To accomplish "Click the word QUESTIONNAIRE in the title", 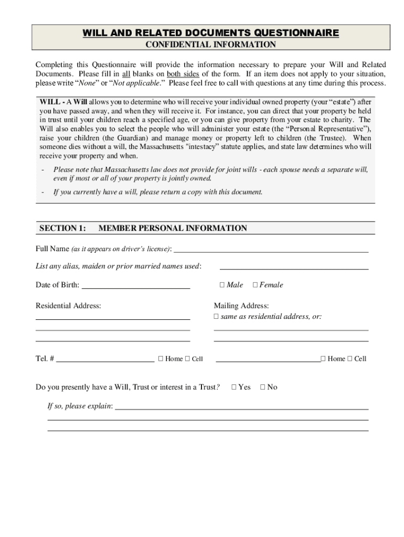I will coord(296,34).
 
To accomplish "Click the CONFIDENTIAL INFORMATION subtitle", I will coord(210,45).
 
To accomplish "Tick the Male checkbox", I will coord(222,285).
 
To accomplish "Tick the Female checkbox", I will coord(255,285).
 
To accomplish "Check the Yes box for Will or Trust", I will coord(234,387).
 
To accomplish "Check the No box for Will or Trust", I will coord(263,387).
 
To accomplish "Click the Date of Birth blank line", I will coord(136,287).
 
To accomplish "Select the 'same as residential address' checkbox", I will coord(216,317).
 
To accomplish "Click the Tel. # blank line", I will coord(105,361).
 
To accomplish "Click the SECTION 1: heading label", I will coord(62,228).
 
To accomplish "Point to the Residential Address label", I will coord(68,306).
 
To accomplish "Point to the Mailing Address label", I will coord(241,306).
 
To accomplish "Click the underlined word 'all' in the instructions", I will coord(126,74).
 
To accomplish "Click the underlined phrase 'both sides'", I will coord(183,74).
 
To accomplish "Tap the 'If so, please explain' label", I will coord(80,406).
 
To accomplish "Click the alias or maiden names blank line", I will coord(294,268).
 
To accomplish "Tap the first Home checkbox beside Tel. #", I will coord(161,359).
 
